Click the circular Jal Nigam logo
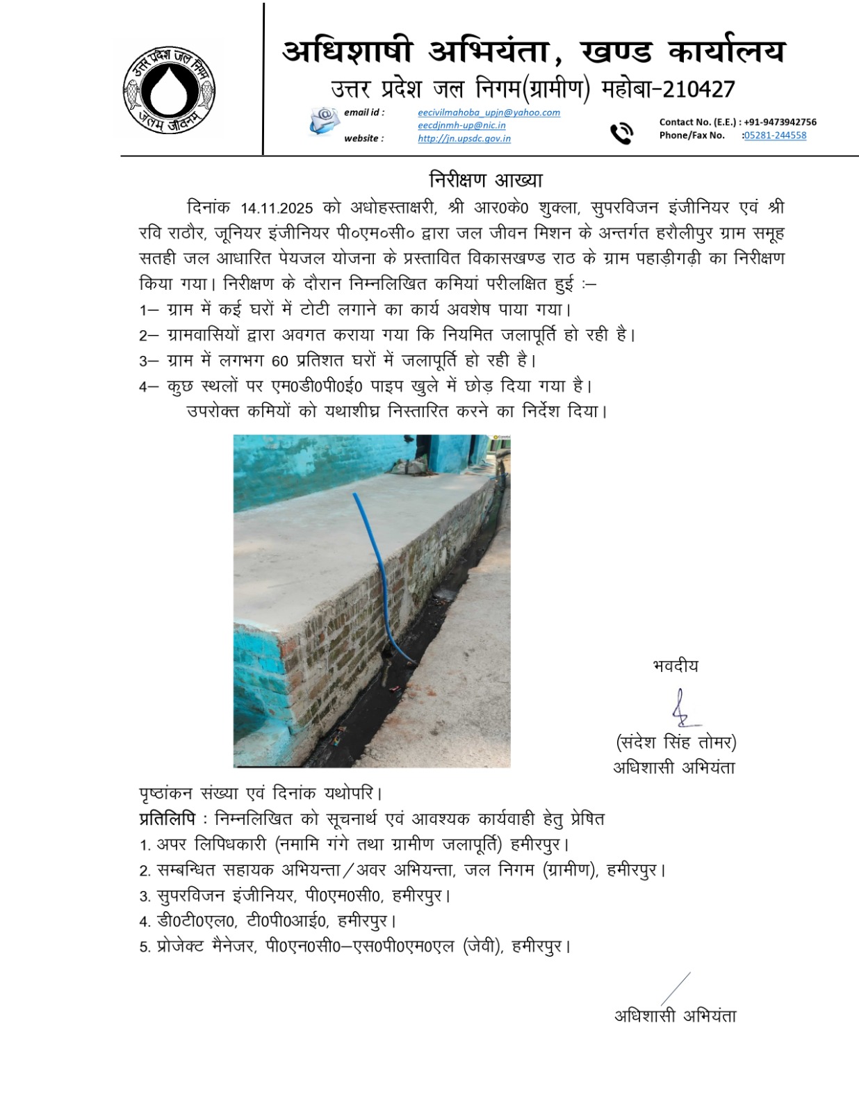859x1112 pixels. click(169, 89)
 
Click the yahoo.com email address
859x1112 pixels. click(489, 113)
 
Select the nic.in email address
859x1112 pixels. click(461, 125)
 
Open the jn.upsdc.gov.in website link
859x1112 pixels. click(464, 138)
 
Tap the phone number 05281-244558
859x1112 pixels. click(775, 136)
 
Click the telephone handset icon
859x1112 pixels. click(621, 133)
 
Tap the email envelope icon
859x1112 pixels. click(323, 121)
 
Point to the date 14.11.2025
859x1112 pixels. click(277, 208)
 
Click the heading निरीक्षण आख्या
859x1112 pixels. click(486, 180)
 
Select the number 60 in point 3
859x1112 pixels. click(279, 361)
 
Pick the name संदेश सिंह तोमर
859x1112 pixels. click(676, 742)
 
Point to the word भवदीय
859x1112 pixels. click(676, 666)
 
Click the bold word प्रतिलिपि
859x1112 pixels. click(167, 819)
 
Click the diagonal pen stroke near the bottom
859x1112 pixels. click(675, 989)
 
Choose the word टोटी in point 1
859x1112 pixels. click(314, 309)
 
